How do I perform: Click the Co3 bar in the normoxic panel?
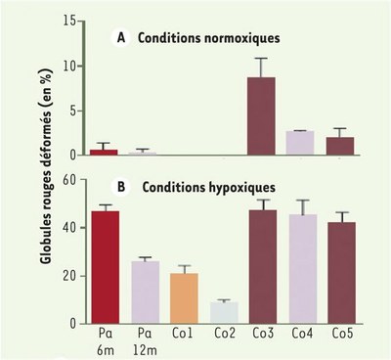[260, 116]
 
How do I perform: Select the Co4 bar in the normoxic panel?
[298, 143]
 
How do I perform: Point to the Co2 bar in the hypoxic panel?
[221, 312]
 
